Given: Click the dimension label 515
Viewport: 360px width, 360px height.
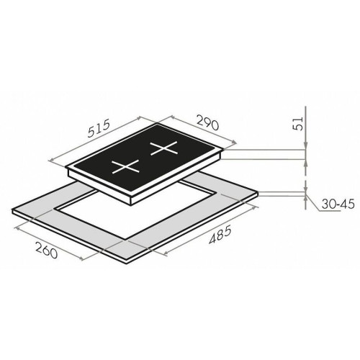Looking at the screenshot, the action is tap(99, 128).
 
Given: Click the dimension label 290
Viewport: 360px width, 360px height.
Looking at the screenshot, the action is tap(208, 122).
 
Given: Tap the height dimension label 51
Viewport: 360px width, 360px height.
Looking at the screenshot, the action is tap(298, 124).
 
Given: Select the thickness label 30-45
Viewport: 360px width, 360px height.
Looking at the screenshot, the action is tap(338, 204).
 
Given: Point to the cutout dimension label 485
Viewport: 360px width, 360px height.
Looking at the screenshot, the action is tap(220, 234).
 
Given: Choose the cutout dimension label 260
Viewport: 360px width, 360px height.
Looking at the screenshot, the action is tap(47, 250).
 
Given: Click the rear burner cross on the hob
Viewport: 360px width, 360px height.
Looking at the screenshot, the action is tap(164, 148).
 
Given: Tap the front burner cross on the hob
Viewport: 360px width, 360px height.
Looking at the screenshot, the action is tap(125, 166).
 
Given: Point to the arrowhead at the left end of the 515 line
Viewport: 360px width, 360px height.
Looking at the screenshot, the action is tap(50, 160).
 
